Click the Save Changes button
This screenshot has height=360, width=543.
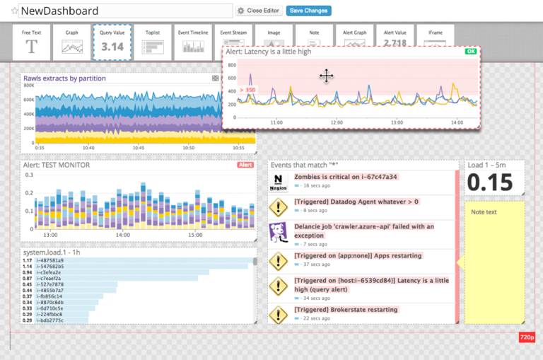coord(309,11)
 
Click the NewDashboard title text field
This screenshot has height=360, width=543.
coord(125,11)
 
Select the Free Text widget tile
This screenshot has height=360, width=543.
coord(32,42)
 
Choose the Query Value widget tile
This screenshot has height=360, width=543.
coord(112,42)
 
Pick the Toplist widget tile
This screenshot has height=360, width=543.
coord(153,42)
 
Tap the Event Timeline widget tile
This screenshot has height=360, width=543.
coord(193,42)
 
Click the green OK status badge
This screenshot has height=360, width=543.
coord(470,52)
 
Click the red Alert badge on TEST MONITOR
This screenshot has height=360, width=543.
coord(245,165)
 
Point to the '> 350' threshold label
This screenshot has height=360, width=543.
coord(247,90)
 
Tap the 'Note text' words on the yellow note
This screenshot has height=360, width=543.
coord(484,212)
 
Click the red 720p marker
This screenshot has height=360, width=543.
coord(527,338)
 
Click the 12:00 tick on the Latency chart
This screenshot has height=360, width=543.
coord(337,122)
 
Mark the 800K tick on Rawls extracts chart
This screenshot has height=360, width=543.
coord(29,86)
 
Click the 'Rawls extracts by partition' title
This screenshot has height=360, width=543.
coord(64,79)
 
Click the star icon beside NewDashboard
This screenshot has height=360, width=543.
coord(14,11)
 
